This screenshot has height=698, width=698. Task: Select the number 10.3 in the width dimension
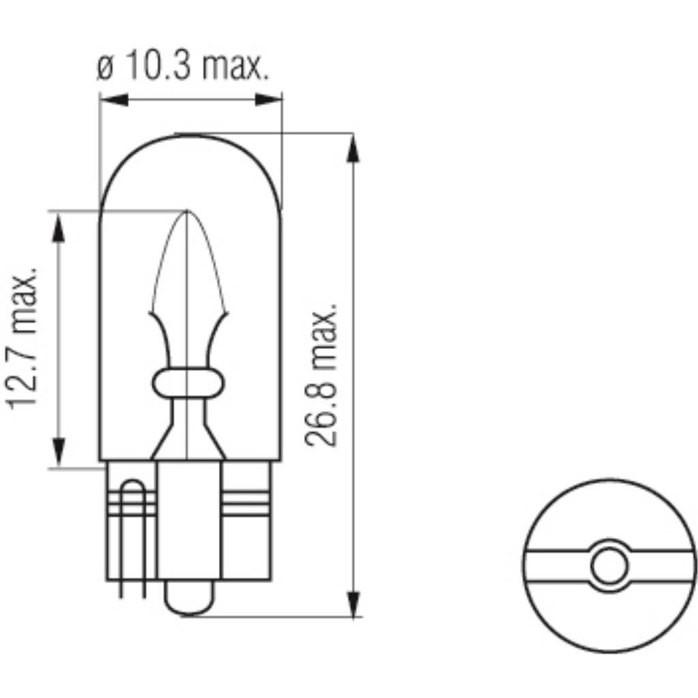pyautogui.click(x=155, y=67)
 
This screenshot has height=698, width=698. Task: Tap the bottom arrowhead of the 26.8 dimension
pyautogui.click(x=352, y=603)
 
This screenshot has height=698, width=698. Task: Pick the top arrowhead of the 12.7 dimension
pyautogui.click(x=59, y=226)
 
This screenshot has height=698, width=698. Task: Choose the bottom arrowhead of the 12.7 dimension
pyautogui.click(x=59, y=453)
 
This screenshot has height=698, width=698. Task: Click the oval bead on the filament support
pyautogui.click(x=187, y=384)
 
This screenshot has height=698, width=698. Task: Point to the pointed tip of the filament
pyautogui.click(x=187, y=213)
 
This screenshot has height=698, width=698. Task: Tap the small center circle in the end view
pyautogui.click(x=609, y=566)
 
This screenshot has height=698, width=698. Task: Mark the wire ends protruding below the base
pyautogui.click(x=133, y=589)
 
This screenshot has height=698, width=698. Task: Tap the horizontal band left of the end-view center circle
pyautogui.click(x=556, y=566)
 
